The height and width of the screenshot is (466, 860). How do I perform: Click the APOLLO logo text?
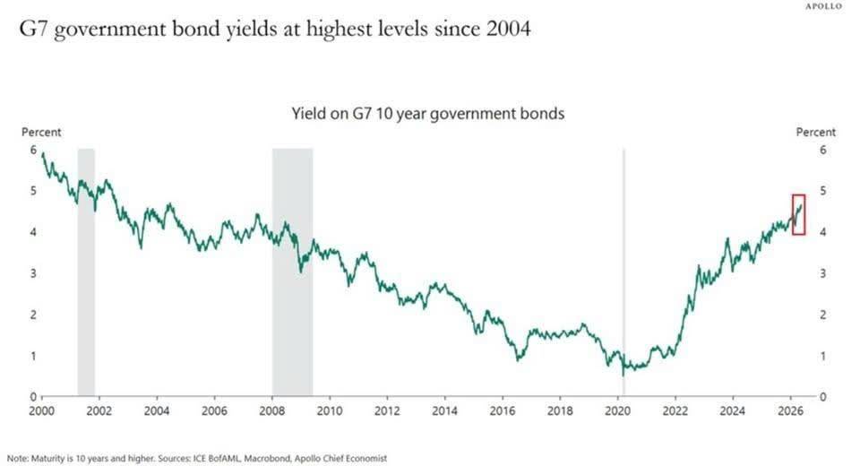click(823, 6)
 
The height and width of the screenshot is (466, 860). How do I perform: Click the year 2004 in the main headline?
click(509, 29)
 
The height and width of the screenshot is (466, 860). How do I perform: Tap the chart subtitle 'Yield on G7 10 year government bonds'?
click(428, 114)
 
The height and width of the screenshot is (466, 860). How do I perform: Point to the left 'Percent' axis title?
click(41, 133)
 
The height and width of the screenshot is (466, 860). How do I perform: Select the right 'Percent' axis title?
click(815, 133)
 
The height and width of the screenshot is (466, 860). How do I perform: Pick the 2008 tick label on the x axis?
click(271, 411)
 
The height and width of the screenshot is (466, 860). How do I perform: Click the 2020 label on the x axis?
click(617, 411)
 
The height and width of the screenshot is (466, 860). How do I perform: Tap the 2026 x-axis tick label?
click(790, 411)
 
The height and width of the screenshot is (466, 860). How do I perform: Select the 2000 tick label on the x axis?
click(42, 411)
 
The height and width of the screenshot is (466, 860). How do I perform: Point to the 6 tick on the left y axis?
click(33, 150)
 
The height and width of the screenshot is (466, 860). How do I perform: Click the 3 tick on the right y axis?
click(822, 273)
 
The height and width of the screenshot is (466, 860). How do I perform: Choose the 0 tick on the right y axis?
click(822, 397)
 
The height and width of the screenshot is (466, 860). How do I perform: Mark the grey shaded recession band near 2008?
click(293, 272)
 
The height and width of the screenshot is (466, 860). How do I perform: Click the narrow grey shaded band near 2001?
click(86, 272)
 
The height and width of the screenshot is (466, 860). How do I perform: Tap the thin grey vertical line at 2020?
click(623, 272)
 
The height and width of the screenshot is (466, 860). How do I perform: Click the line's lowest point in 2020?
click(623, 375)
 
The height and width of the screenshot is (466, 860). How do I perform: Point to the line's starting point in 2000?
click(43, 153)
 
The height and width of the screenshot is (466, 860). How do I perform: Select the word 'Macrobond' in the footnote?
click(267, 458)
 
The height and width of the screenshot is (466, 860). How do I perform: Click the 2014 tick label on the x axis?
click(444, 411)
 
